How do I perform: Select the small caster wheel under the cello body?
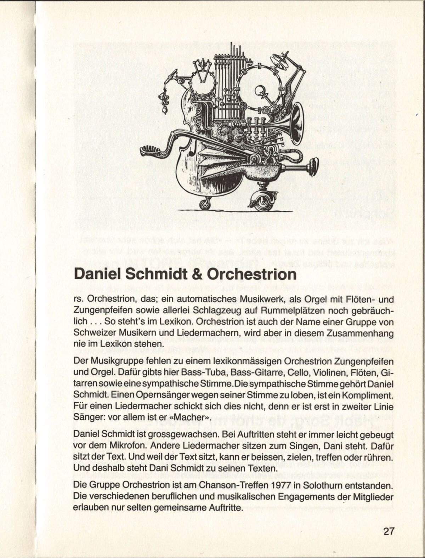(x=205, y=203)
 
